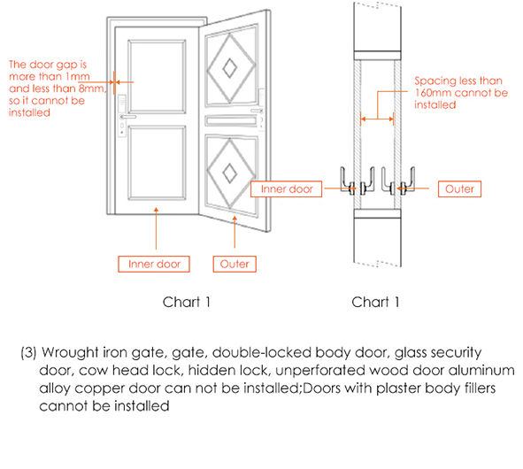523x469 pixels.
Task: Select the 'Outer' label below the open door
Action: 235,264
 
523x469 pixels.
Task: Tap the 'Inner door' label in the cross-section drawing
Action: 288,188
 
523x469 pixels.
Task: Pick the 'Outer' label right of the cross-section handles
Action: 458,188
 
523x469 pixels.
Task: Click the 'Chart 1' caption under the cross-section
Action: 376,303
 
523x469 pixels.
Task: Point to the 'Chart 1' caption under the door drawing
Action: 187,303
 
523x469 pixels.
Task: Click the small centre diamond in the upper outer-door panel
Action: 229,65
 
